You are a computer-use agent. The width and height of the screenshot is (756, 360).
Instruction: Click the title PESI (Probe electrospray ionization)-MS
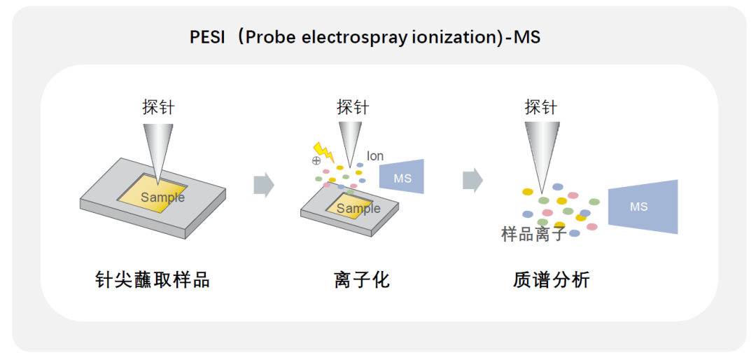click(365, 36)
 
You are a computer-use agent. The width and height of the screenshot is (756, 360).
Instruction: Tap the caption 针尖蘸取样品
click(152, 280)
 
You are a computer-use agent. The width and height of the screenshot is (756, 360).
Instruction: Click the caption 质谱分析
click(551, 280)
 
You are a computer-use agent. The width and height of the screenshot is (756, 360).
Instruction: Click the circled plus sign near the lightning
click(316, 160)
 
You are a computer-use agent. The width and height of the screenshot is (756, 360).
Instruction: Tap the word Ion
click(375, 156)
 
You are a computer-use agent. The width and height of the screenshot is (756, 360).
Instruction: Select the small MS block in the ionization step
click(402, 177)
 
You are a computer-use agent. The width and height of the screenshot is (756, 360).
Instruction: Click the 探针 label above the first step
click(158, 107)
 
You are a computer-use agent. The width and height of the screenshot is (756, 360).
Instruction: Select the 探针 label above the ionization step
click(352, 107)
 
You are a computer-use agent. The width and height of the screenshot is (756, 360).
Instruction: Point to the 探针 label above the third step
click(541, 107)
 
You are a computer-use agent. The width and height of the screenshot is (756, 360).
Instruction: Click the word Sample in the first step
click(162, 198)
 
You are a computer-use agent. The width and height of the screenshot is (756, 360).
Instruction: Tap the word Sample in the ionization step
click(358, 209)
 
